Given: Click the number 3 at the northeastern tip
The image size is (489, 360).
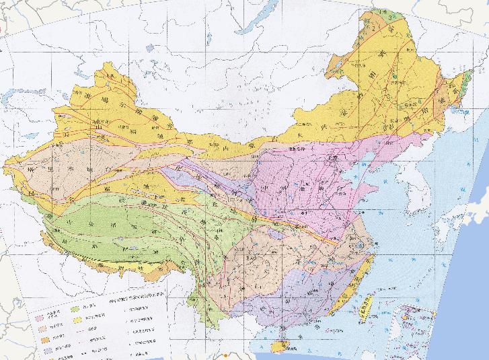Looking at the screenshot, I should click(389, 15).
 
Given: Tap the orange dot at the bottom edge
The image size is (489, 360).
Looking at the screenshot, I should click(226, 355).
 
